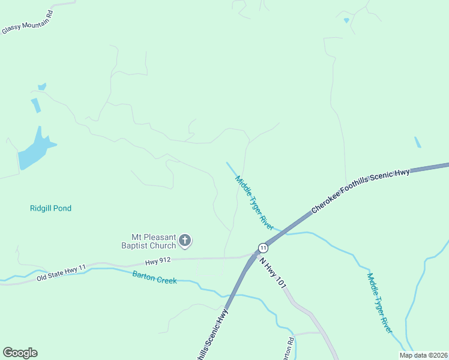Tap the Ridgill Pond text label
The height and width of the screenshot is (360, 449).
50,208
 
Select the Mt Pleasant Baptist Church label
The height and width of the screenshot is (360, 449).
154,241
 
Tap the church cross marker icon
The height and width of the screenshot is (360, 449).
185,241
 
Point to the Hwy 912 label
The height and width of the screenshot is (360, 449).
158,261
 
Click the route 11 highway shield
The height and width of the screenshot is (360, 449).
263,248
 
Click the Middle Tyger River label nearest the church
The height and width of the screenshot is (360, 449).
255,203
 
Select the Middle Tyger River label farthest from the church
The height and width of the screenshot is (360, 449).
380,303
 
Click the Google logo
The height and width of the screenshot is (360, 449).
20,353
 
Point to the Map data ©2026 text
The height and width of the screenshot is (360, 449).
423,355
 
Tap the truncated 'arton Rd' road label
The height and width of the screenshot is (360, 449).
289,348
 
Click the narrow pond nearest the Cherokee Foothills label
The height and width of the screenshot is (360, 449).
417,142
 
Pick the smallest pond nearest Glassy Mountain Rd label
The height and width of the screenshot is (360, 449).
42,86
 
